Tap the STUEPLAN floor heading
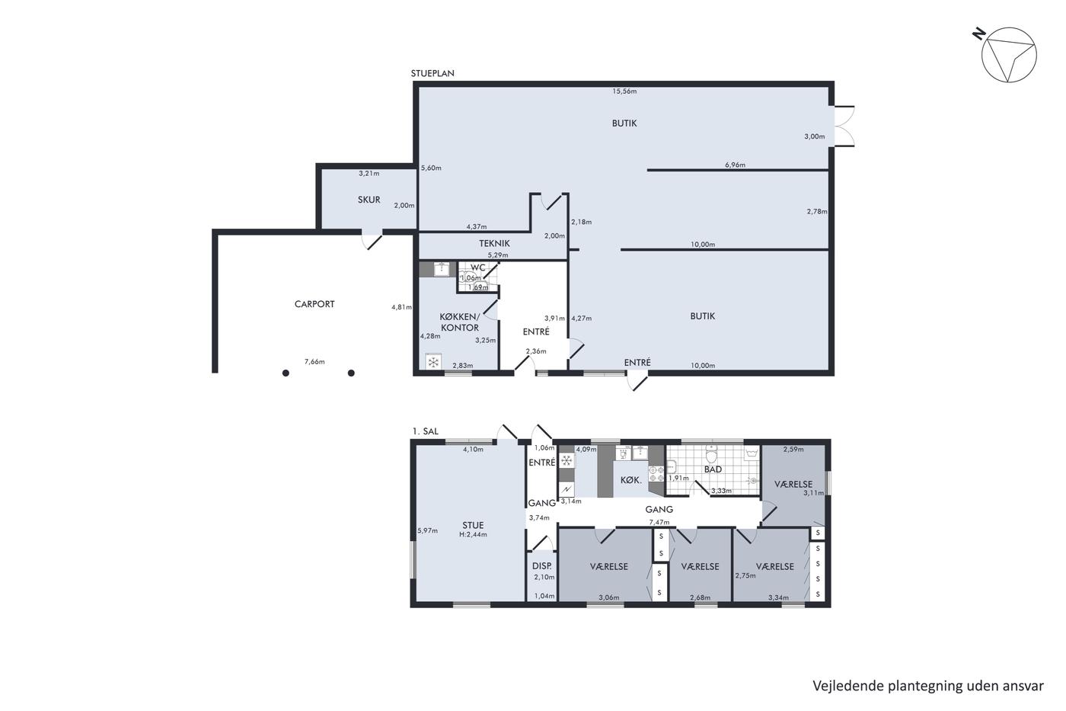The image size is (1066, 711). point(432,73)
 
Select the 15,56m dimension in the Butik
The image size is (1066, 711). point(624,91)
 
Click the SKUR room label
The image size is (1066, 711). point(369,200)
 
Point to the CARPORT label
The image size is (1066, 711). point(314,304)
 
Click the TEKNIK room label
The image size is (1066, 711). point(494,243)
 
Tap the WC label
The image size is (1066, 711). point(478,267)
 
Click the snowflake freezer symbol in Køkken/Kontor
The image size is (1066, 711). point(433,363)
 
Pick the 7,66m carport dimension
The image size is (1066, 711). point(314,362)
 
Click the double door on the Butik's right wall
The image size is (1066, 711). point(844,126)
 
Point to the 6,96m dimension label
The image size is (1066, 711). point(736,165)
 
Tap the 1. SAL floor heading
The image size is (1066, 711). point(426,431)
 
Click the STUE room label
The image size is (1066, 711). point(473,525)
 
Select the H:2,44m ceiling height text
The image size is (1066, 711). point(473,535)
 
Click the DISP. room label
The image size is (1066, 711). point(542,566)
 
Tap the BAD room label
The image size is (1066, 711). point(713,469)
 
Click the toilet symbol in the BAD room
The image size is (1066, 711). point(711,454)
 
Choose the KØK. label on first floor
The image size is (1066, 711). point(631,481)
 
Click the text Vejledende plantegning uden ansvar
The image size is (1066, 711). point(928,686)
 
